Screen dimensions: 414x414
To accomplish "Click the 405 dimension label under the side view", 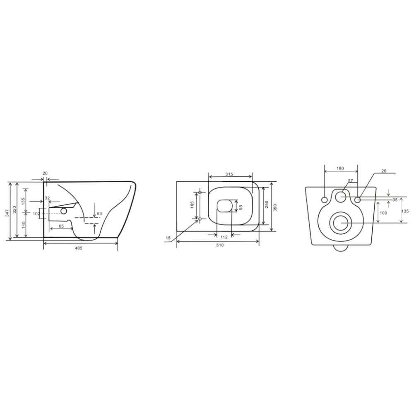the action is tap(79, 248).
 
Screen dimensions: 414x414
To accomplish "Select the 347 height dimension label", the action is tap(7, 212).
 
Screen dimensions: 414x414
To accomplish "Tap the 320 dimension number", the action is tap(14, 209).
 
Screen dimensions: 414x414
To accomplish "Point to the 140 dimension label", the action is tap(24, 225).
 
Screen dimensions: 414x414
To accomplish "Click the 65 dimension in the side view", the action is tap(61, 226).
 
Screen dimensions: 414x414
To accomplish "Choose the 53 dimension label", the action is tap(99, 213).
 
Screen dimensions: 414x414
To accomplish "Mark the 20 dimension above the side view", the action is tap(45, 173).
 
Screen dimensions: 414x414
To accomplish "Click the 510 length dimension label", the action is tap(220, 245).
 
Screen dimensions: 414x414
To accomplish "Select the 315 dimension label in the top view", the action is tap(229, 174).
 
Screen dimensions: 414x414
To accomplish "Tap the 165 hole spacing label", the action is tap(192, 205).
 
